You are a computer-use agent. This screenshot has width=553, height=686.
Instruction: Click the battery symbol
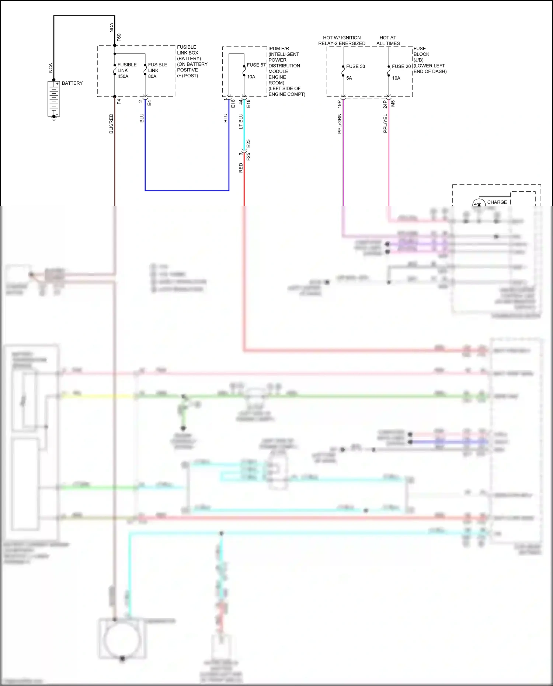pos(54,99)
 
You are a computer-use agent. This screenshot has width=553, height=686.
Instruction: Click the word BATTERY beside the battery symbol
pos(72,83)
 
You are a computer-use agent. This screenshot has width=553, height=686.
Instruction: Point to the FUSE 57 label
pos(256,65)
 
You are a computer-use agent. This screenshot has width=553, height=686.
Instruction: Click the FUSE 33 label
pos(355,66)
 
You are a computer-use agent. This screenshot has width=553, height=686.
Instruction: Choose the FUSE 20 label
pos(401,66)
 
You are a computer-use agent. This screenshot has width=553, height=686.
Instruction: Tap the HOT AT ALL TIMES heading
pos(388,41)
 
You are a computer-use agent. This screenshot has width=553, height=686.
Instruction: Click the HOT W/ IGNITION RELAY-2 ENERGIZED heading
pos(342,41)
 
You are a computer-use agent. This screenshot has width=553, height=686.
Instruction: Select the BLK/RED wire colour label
pos(111,123)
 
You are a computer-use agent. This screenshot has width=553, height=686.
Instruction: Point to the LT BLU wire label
pos(241,121)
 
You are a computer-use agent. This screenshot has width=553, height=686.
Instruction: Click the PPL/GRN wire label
pos(340,123)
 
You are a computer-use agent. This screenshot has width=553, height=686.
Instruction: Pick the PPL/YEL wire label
pos(385,123)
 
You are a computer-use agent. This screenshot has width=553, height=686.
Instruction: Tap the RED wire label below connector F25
pos(241,168)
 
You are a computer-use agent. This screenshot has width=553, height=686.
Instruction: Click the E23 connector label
pos(248,143)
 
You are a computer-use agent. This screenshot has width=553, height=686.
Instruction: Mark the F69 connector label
pos(119,37)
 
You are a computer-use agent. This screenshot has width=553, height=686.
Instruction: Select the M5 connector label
pos(393,104)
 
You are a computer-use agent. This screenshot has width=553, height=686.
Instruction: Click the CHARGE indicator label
pos(497,202)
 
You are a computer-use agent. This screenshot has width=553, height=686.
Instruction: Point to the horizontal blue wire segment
pos(187,191)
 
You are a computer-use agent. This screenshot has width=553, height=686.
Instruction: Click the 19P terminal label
pos(340,104)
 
